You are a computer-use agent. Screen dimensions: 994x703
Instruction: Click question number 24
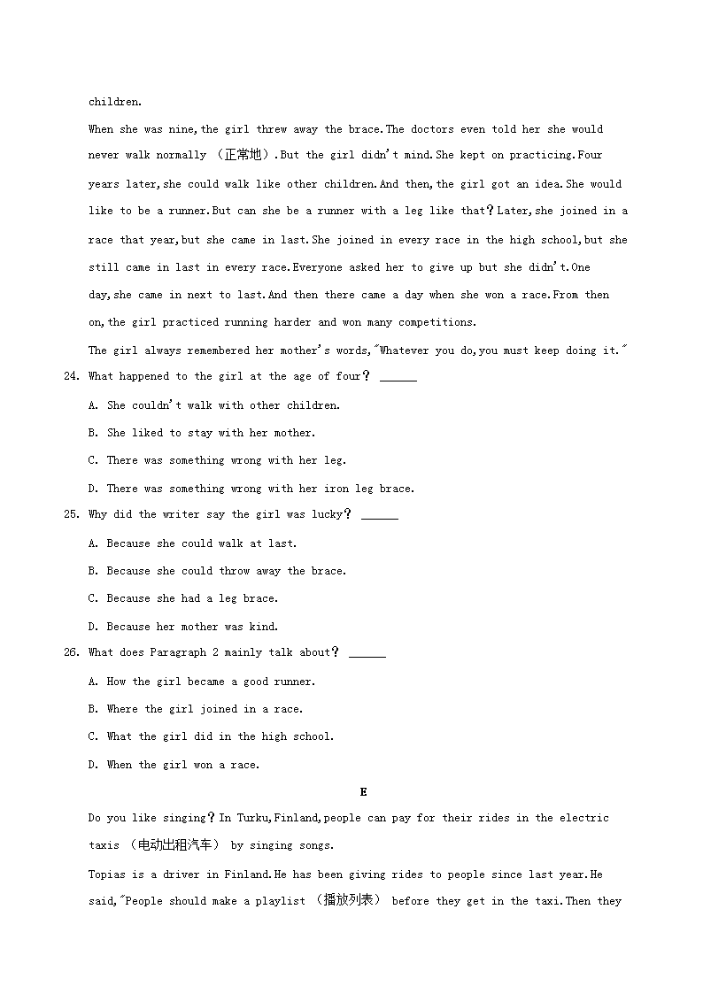[71, 377]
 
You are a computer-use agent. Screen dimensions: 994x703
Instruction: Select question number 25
[71, 515]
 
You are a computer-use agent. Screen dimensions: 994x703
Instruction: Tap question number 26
[71, 653]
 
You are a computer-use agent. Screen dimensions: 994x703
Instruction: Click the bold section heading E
[363, 792]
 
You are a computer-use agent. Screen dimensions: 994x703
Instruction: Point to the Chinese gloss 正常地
[243, 156]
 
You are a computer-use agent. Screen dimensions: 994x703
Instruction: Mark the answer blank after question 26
[367, 655]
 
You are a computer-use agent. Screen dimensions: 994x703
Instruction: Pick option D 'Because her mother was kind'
[192, 627]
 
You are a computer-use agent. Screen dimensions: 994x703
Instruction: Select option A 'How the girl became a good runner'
[211, 682]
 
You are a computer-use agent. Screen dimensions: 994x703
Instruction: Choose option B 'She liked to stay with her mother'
[211, 433]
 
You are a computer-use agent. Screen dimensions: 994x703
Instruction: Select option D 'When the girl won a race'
[183, 765]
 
